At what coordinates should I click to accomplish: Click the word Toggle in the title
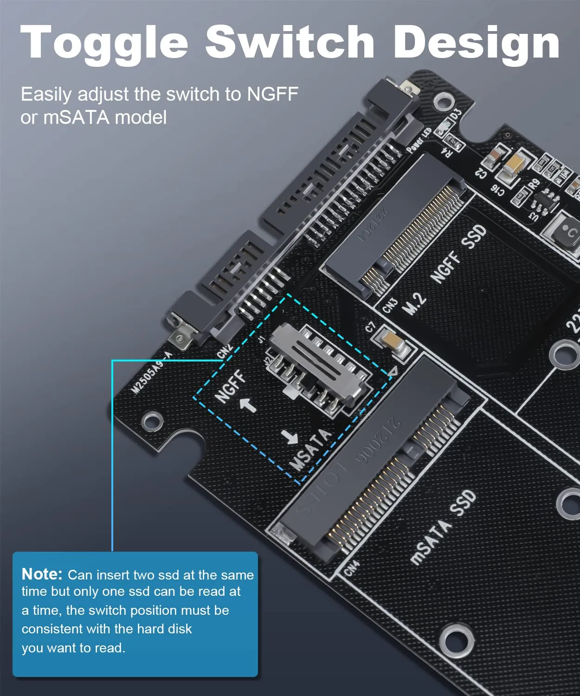pyautogui.click(x=104, y=43)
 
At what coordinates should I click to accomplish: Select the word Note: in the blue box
pyautogui.click(x=42, y=574)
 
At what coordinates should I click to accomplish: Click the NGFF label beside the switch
pyautogui.click(x=231, y=386)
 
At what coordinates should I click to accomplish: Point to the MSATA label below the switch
pyautogui.click(x=309, y=449)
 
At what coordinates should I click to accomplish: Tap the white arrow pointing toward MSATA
pyautogui.click(x=290, y=436)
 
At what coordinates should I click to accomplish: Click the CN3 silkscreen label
pyautogui.click(x=390, y=305)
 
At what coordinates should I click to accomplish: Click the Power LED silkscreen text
pyautogui.click(x=419, y=140)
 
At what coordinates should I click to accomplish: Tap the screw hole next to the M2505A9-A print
pyautogui.click(x=152, y=421)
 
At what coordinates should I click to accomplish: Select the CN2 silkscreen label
pyautogui.click(x=225, y=351)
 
